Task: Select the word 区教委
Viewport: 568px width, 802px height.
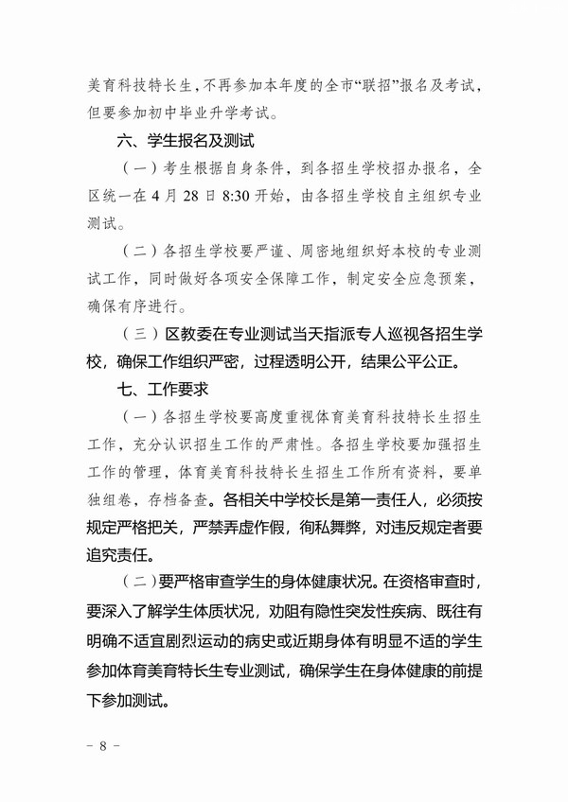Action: (x=185, y=335)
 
